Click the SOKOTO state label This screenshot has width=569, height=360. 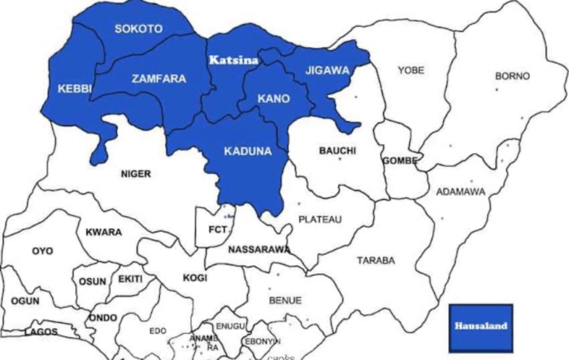click(x=138, y=29)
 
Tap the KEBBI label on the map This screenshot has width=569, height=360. click(x=74, y=89)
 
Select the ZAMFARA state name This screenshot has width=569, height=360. click(x=159, y=79)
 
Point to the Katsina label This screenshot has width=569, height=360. click(x=233, y=60)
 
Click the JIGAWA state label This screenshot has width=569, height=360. click(x=327, y=71)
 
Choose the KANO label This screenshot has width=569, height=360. click(x=273, y=99)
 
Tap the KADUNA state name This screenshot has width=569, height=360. click(x=248, y=151)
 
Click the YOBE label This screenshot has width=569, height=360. click(x=411, y=71)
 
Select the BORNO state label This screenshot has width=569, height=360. click(x=512, y=76)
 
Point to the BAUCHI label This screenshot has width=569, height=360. click(x=337, y=151)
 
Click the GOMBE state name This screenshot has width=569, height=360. click(x=399, y=161)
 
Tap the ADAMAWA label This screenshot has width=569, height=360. click(x=461, y=192)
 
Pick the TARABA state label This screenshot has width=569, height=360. click(x=376, y=260)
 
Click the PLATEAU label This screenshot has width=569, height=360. click(x=320, y=219)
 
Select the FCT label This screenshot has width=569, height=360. click(x=217, y=229)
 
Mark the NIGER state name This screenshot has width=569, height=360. click(x=136, y=174)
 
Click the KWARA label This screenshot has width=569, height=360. click(x=103, y=232)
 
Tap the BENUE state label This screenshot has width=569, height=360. click(x=285, y=301)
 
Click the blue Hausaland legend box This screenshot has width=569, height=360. click(x=481, y=327)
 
